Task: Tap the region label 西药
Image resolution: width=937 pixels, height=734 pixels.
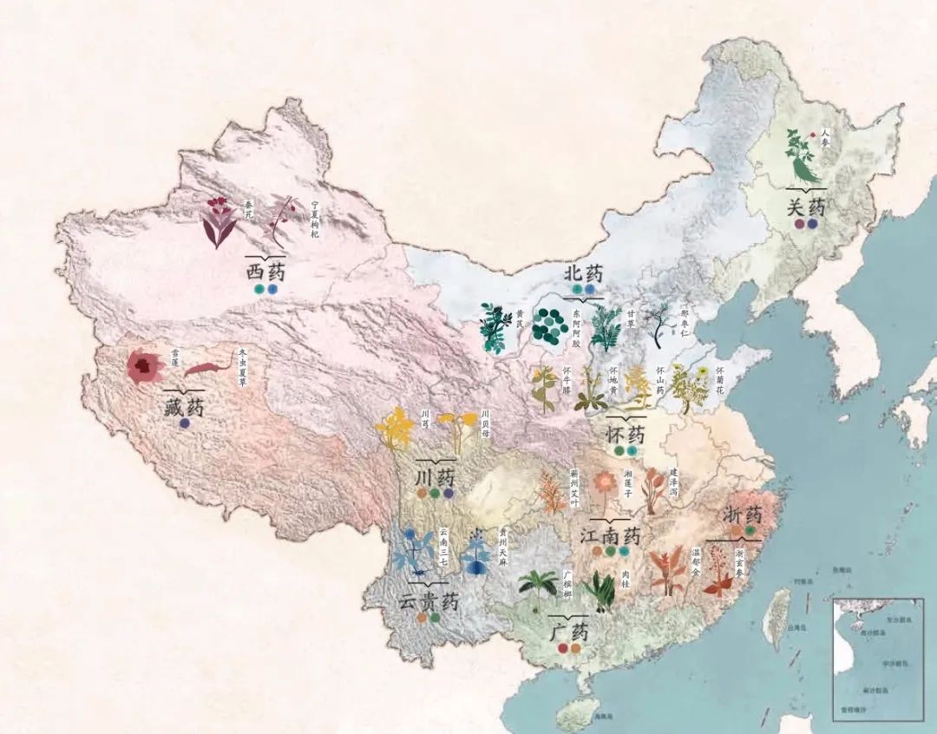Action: [266, 272]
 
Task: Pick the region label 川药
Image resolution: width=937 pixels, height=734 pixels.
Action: [435, 476]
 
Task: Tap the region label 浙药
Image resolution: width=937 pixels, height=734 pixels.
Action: [743, 514]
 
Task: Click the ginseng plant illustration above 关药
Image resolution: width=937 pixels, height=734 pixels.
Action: [802, 156]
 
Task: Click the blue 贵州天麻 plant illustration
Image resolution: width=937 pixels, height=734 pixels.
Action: [475, 552]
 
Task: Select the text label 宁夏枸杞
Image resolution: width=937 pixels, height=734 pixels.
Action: [315, 220]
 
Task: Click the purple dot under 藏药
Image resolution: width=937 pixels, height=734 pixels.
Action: [184, 424]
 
